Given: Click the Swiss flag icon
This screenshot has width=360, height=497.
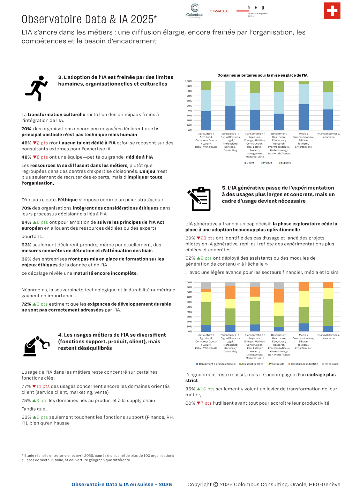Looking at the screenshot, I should tap(332, 11).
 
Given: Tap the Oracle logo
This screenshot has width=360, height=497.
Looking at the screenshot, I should tap(219, 11).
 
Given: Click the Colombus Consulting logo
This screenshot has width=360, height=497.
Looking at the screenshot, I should tap(195, 11).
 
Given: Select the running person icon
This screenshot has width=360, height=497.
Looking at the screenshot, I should tap(37, 89).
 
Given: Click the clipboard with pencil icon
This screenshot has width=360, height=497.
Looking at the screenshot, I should tap(200, 199).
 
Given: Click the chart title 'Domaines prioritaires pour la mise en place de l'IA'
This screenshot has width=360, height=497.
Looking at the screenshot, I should tap(262, 75).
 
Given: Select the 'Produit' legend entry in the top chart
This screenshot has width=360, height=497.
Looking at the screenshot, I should tap(267, 163).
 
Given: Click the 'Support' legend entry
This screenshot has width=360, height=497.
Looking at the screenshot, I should tap(285, 163).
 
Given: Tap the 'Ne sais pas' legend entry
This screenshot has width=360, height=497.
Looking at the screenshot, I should tap(331, 364).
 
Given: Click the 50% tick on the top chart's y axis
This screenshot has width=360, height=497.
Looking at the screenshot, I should tap(189, 106).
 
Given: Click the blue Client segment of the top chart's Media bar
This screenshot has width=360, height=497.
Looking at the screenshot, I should tap(303, 117).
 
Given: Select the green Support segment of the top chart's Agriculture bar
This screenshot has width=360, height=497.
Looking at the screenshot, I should tap(206, 86).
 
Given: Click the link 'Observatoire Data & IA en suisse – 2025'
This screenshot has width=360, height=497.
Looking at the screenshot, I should tap(121, 484).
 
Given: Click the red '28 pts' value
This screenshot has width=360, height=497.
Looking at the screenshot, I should tap(208, 238).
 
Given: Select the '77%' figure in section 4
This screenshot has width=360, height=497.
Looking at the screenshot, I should tap(26, 386).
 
